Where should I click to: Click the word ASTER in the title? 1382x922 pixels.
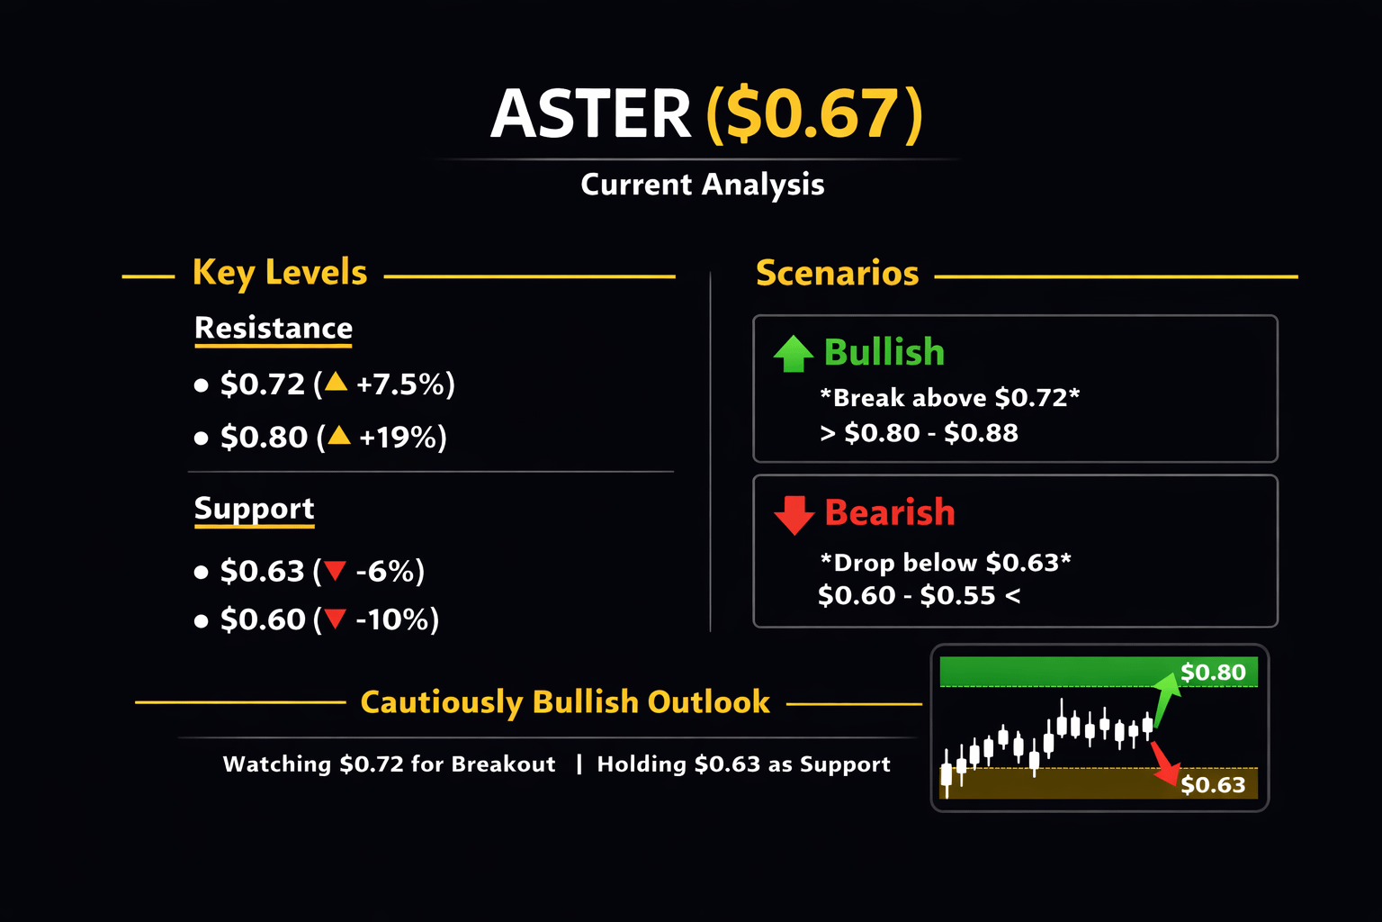(x=590, y=113)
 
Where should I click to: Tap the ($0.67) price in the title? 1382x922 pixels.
(x=814, y=113)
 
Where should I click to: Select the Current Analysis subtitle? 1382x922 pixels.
(x=702, y=184)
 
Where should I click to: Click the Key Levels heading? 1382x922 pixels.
(x=280, y=273)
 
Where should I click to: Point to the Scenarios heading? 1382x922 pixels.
(x=838, y=273)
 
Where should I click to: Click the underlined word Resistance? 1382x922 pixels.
(x=274, y=328)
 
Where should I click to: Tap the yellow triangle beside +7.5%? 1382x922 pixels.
(x=337, y=382)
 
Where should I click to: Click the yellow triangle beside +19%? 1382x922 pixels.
(x=338, y=435)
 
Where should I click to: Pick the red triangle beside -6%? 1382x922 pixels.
(x=335, y=570)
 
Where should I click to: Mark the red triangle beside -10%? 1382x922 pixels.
(x=335, y=619)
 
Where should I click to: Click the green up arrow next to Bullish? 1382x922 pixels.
(x=794, y=354)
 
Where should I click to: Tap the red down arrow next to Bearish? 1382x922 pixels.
(x=794, y=515)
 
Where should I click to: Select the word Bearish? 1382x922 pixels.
(x=890, y=512)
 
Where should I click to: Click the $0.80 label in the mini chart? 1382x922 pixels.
(x=1213, y=672)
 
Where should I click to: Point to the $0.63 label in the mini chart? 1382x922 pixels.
(x=1213, y=785)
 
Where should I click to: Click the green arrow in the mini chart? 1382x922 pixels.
(x=1166, y=700)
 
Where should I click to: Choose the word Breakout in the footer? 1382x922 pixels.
(x=503, y=764)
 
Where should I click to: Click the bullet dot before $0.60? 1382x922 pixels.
(x=201, y=620)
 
